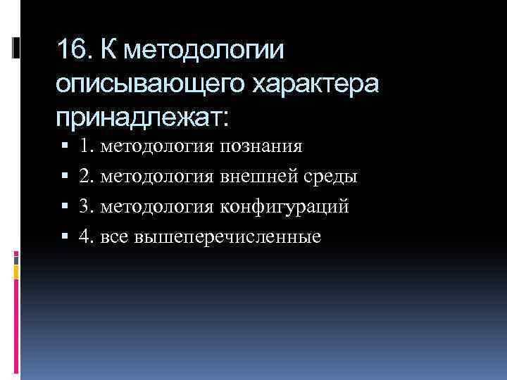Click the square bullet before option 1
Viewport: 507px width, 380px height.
(x=64, y=147)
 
